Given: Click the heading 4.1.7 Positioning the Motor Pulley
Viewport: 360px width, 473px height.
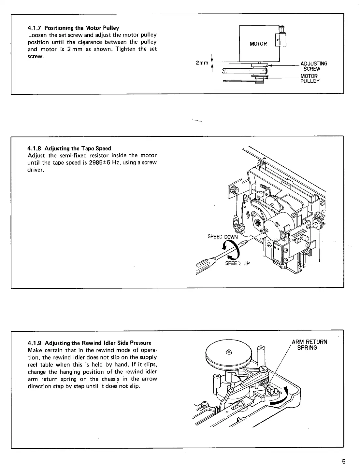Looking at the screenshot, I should click(x=73, y=28).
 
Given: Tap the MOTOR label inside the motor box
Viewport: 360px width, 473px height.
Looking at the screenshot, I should click(x=258, y=44).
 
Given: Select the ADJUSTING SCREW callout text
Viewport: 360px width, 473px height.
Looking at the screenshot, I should click(x=313, y=66).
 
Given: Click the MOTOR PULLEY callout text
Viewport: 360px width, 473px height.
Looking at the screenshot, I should click(x=310, y=78).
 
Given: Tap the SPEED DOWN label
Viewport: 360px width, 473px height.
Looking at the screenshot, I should click(x=223, y=237).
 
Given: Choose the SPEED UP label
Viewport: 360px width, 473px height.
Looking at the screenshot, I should click(x=238, y=263).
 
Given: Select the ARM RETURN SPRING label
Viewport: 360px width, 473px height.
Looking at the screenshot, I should click(x=309, y=345).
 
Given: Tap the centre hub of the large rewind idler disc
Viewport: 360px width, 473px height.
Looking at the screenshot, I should click(x=229, y=352).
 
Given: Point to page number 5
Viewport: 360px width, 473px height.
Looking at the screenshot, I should click(x=343, y=461).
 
